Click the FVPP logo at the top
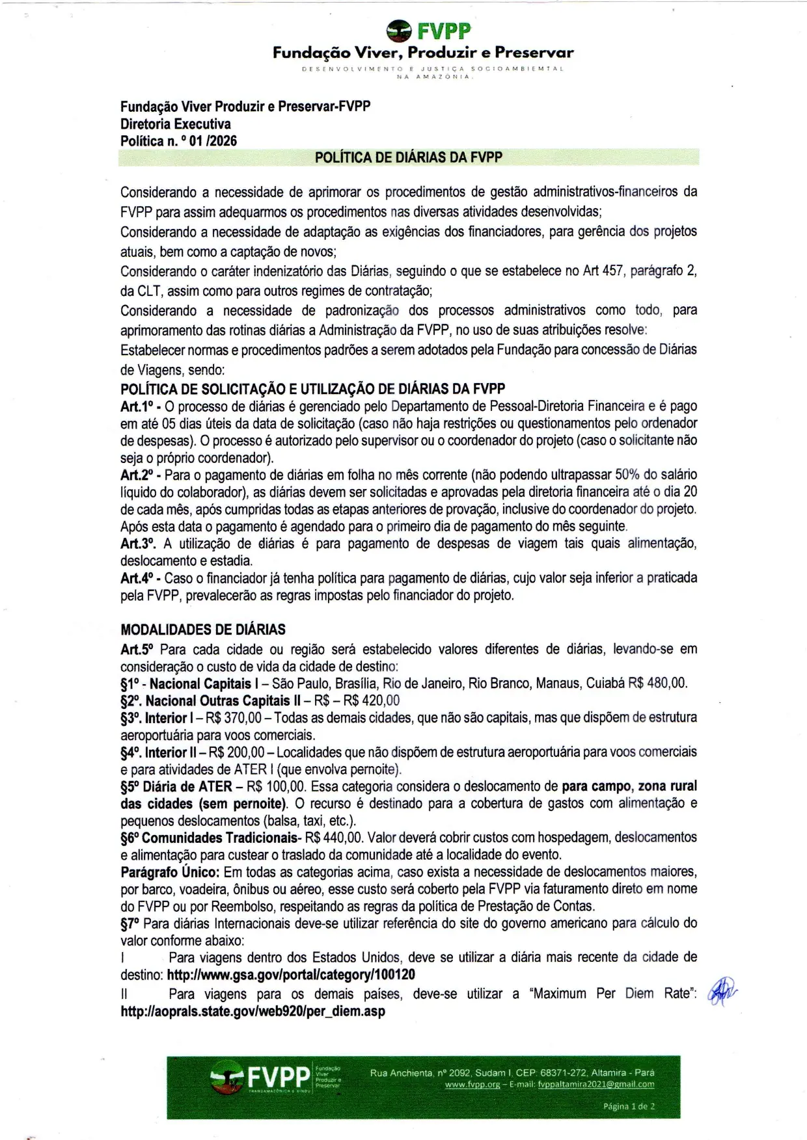[428, 30]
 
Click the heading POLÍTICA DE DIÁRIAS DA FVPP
[408, 157]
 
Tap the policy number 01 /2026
[213, 140]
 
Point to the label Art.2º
[137, 475]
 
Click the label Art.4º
[137, 578]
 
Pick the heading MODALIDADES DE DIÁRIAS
[203, 630]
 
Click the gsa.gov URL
[291, 975]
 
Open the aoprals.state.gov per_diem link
[253, 1011]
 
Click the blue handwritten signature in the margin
[721, 992]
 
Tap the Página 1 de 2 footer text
[629, 1106]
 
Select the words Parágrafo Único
[170, 872]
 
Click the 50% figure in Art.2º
[627, 475]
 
